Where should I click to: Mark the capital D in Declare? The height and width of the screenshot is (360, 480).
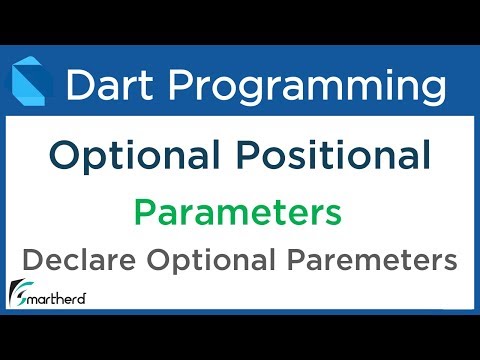(x=32, y=261)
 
